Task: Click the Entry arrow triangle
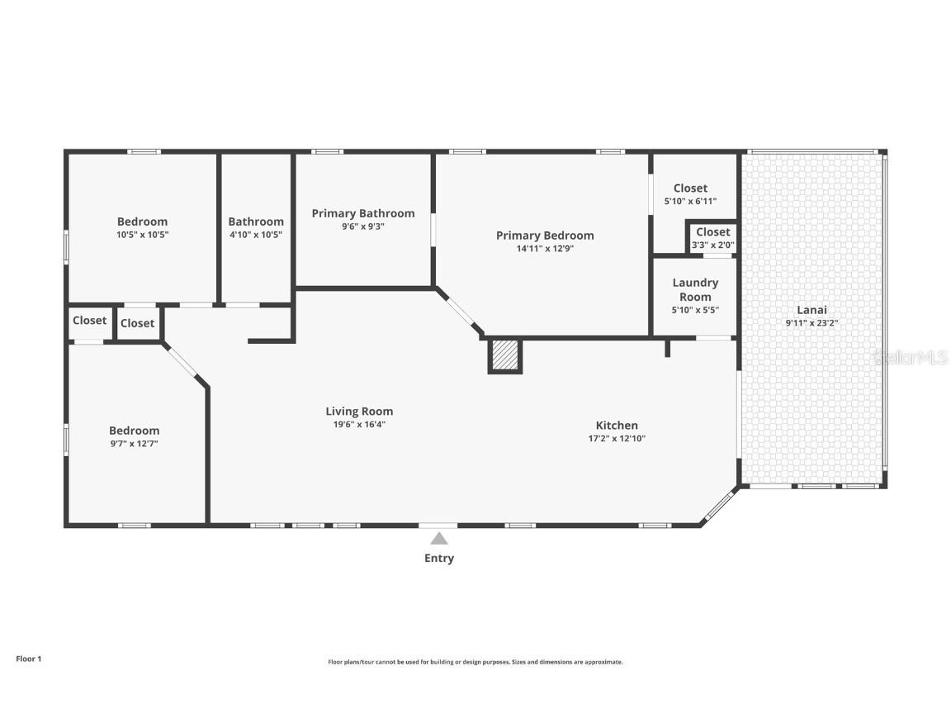[439, 539]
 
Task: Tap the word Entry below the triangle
[439, 558]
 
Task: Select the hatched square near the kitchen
[504, 355]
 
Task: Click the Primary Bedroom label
[545, 236]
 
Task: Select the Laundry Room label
[695, 289]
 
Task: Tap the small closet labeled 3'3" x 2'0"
[712, 238]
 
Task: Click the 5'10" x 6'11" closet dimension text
[690, 201]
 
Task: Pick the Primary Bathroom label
[363, 213]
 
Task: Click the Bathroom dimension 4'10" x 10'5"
[256, 234]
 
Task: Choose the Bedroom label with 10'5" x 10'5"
[142, 221]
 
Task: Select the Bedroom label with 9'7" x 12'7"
[135, 431]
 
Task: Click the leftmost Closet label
[89, 321]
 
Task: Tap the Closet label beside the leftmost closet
[137, 323]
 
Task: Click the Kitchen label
[617, 426]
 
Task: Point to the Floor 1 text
[28, 659]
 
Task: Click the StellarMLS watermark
[911, 357]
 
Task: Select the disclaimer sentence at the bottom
[475, 662]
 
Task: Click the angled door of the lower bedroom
[183, 364]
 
